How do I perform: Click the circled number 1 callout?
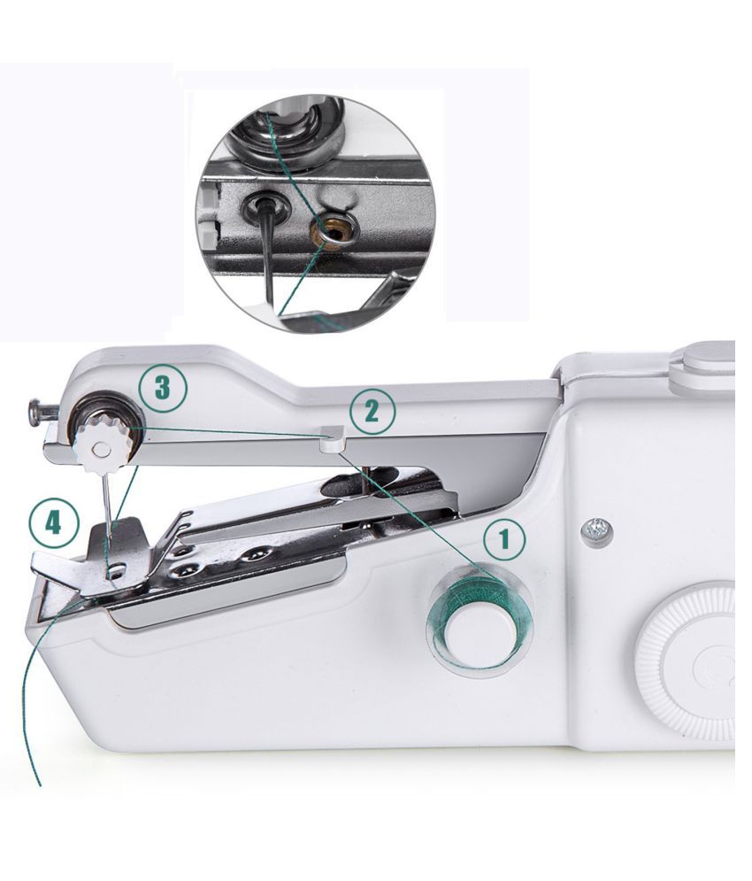[503, 538]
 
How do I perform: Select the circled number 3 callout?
[163, 388]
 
